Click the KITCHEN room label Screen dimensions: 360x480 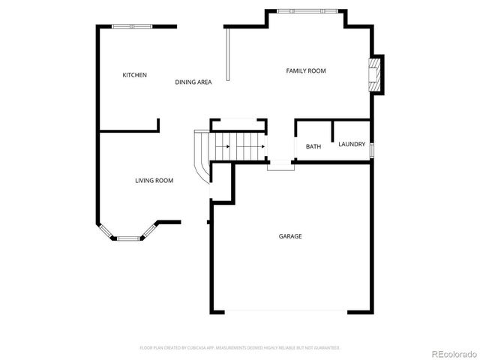tap(135, 75)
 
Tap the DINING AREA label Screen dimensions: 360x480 tap(193, 82)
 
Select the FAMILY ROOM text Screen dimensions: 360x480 tap(306, 70)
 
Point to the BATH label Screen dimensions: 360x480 tap(313, 146)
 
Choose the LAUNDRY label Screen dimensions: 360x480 tap(352, 144)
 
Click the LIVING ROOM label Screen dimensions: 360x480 tap(154, 180)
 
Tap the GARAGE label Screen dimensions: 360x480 tap(290, 236)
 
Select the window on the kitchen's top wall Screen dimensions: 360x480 tap(133, 27)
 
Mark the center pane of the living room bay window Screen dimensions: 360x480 tap(128, 238)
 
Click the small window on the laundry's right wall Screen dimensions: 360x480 tap(372, 149)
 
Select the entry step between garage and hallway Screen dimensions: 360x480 tap(280, 165)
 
